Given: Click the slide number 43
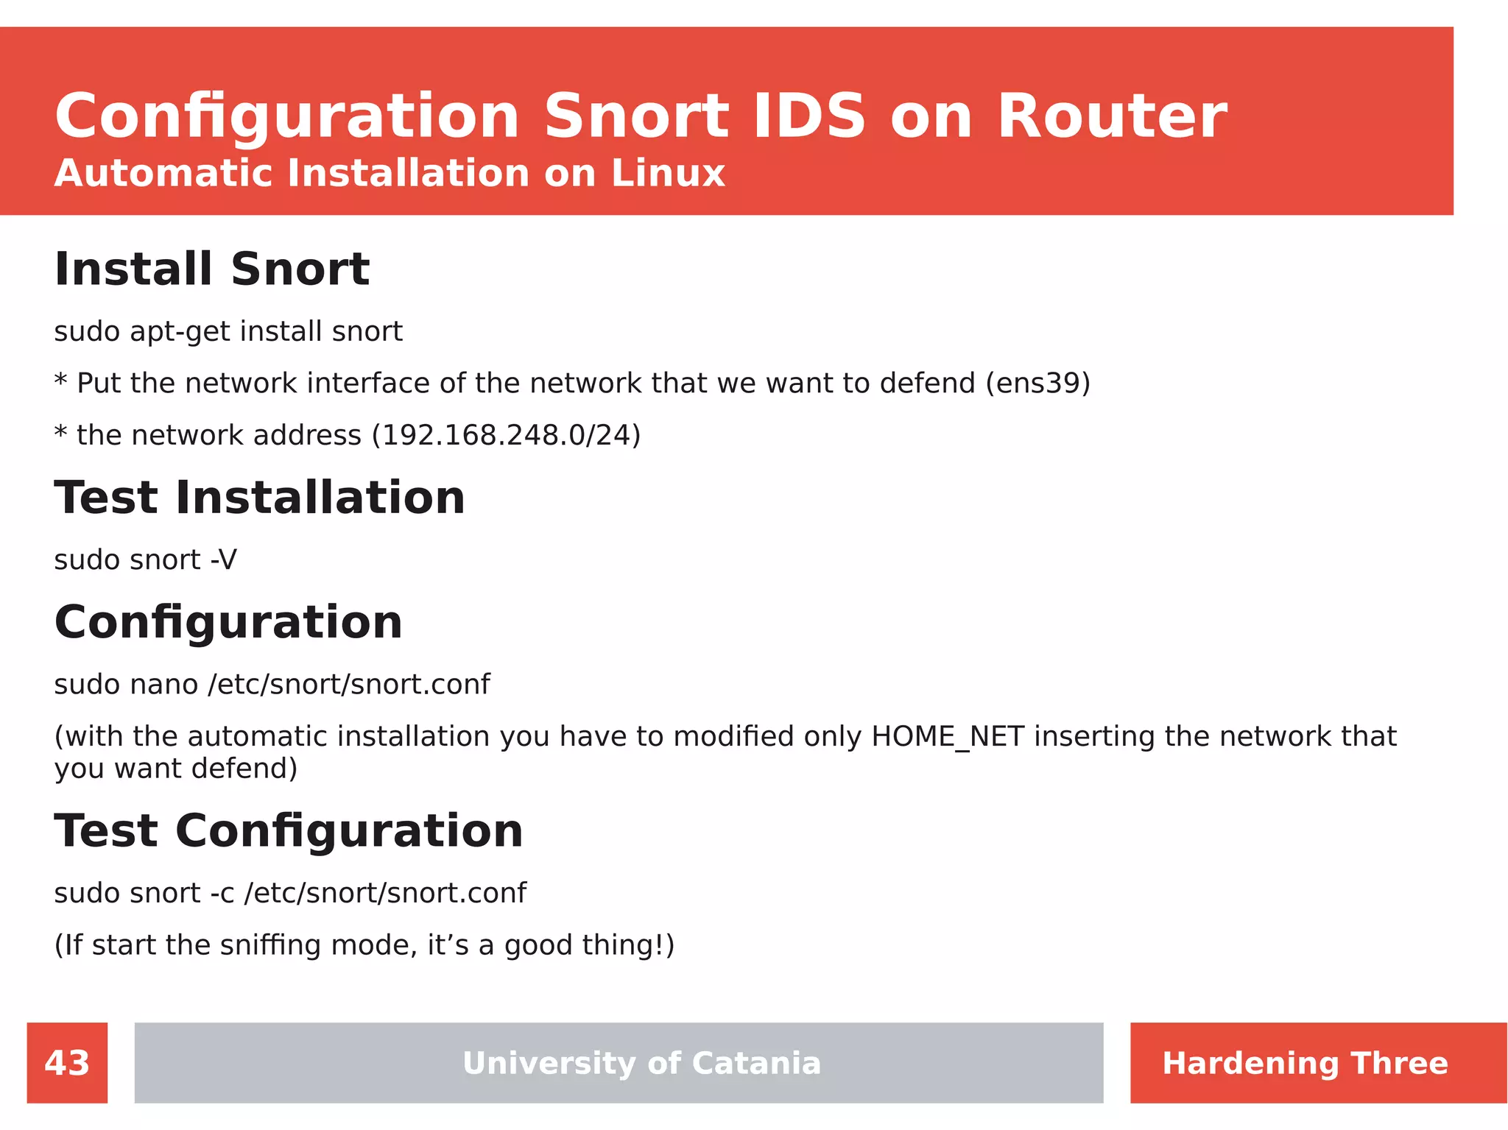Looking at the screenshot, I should coord(67,1063).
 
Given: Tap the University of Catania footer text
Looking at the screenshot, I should coord(641,1063).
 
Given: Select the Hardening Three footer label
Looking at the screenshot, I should coord(1305,1063).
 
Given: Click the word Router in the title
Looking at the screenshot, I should coord(1112,116).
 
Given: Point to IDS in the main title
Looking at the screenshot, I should coord(808,116).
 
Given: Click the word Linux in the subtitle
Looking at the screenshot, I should coord(668,174).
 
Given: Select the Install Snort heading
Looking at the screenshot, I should coord(212,269).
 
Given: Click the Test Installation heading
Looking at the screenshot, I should coord(259,498).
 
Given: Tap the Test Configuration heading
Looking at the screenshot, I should coord(289,831).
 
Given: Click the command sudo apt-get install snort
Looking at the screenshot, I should coord(228,331).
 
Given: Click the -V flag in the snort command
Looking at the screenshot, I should coord(224,560).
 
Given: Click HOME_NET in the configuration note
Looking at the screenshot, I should coord(948,737).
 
